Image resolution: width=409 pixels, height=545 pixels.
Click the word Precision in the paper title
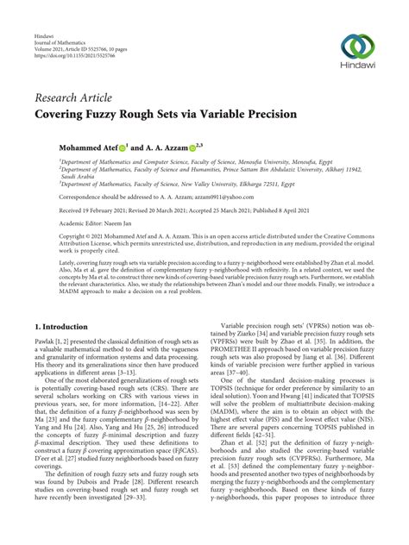267,113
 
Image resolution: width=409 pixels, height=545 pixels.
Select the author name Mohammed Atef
75,148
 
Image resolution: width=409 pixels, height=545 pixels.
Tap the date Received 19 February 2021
78,210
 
